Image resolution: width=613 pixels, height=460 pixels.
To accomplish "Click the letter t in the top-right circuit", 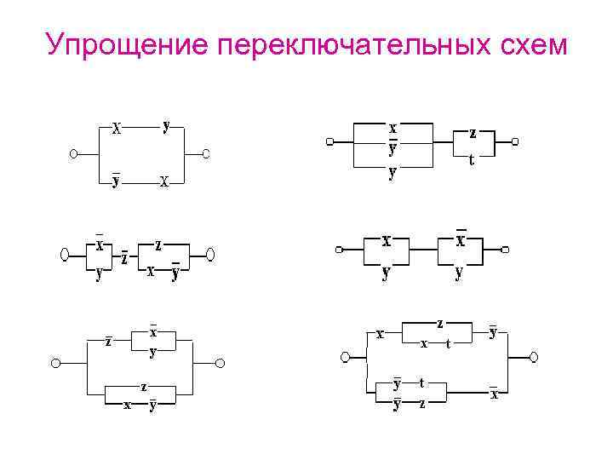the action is (x=472, y=159).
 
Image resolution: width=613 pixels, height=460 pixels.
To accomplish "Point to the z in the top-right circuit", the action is (x=473, y=133).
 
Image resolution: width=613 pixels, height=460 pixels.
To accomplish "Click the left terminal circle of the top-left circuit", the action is (x=74, y=154).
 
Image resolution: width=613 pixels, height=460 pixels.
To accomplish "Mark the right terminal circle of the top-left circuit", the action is (x=206, y=154).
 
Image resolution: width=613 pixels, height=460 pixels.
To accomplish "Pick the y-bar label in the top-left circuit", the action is (x=116, y=180).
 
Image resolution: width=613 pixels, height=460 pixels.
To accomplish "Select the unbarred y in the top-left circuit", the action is (x=167, y=124).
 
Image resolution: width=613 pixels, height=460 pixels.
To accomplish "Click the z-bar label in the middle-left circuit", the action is (x=124, y=256).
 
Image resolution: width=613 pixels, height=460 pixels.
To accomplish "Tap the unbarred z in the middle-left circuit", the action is (x=158, y=244).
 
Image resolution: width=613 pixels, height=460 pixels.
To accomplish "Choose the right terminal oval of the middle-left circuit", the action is (x=211, y=254).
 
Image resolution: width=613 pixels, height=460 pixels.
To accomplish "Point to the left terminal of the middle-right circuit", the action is (x=340, y=250).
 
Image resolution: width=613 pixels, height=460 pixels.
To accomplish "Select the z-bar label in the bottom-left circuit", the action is (x=108, y=342).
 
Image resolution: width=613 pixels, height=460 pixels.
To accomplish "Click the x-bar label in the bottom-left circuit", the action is (x=153, y=331).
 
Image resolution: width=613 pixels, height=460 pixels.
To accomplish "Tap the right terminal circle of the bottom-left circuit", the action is (x=219, y=364).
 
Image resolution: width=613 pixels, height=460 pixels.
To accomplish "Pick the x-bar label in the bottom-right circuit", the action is (x=494, y=394).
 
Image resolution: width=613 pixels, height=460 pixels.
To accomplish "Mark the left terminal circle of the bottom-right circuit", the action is (x=345, y=356).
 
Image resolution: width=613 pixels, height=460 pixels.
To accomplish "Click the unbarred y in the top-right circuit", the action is (x=392, y=172).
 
